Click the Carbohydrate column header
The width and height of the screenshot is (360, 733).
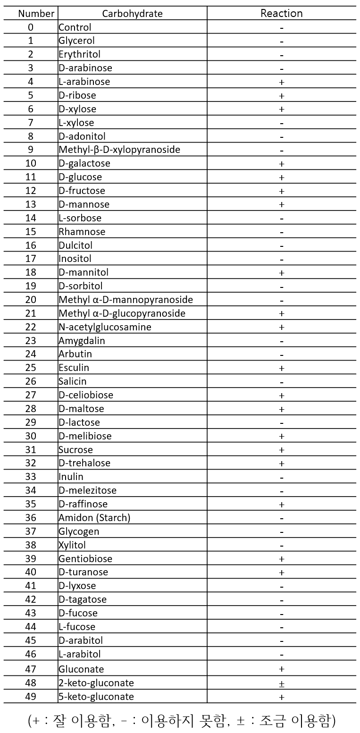[x=132, y=13]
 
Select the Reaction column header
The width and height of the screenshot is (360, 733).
[x=281, y=13]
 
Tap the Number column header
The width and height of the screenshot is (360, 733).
[x=36, y=13]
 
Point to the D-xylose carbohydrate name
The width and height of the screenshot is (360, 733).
[x=77, y=109]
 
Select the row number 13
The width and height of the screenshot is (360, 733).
[x=31, y=204]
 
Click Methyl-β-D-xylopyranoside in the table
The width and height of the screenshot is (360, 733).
[x=119, y=150]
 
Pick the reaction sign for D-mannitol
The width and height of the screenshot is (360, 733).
[x=282, y=272]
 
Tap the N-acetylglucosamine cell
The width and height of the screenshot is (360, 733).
[x=105, y=327]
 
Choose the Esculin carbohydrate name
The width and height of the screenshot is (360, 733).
[x=74, y=368]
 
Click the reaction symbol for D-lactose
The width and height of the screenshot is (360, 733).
[x=282, y=422]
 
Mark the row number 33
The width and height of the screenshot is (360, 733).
[x=31, y=477]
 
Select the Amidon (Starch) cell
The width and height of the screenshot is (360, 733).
[x=94, y=518]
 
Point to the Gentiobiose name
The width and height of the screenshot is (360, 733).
[x=85, y=559]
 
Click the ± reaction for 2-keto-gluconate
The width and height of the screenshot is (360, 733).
[x=282, y=683]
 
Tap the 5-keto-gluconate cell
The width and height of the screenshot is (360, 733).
[x=96, y=697]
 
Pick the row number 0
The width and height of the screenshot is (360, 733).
[x=31, y=27]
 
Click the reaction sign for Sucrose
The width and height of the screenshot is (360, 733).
[x=282, y=450]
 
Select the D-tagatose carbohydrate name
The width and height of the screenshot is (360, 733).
[x=83, y=599]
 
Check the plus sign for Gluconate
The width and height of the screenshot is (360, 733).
[x=282, y=669]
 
